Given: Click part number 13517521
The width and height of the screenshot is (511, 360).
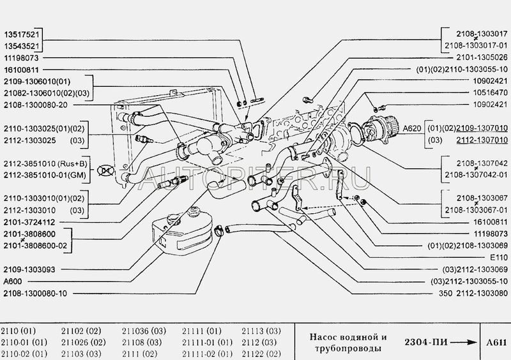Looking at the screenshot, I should [x=23, y=35].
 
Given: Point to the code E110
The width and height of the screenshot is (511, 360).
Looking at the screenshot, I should [x=500, y=257].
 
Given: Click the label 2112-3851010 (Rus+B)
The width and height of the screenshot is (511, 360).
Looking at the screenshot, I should [x=42, y=162].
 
